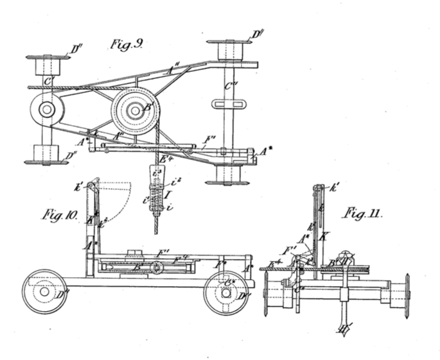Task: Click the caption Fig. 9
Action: (127, 44)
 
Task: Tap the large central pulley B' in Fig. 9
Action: (134, 110)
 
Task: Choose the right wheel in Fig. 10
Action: (225, 292)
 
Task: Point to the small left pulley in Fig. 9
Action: (46, 109)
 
